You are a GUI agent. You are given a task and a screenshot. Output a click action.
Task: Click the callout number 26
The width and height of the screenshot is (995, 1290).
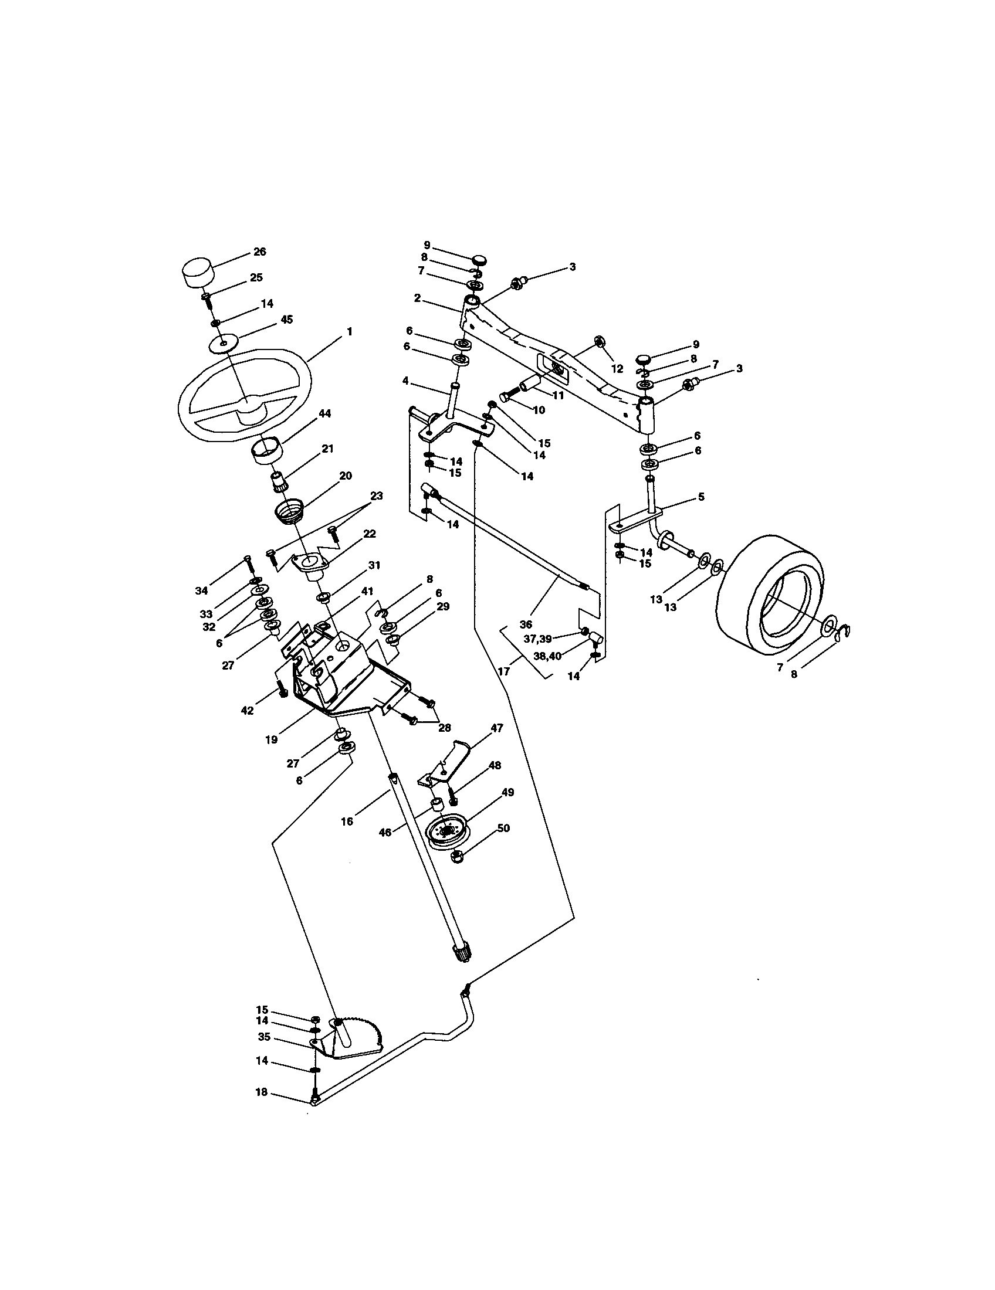click(259, 252)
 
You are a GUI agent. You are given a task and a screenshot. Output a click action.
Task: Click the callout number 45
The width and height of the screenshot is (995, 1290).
click(286, 320)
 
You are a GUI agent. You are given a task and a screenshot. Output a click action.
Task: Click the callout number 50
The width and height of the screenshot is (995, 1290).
click(503, 829)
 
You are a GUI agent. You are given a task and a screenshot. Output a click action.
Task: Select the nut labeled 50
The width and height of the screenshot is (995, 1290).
click(456, 856)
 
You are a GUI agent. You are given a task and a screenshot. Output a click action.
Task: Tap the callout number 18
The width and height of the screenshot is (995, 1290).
click(261, 1093)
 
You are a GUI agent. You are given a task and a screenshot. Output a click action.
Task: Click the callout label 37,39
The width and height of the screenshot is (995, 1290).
click(537, 639)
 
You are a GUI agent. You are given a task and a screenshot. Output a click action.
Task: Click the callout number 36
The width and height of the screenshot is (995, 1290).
click(526, 624)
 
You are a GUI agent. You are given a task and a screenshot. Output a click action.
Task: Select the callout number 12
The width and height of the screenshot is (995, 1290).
click(617, 369)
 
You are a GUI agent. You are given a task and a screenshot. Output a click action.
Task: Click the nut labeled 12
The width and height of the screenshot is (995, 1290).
click(598, 341)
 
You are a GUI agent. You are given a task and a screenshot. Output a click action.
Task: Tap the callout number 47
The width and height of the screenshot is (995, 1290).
click(496, 728)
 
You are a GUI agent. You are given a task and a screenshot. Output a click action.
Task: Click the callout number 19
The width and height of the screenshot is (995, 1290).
click(271, 739)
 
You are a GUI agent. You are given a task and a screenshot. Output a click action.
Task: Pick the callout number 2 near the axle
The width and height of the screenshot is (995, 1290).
click(417, 298)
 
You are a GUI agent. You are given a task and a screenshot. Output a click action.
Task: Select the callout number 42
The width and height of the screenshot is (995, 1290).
click(247, 711)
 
